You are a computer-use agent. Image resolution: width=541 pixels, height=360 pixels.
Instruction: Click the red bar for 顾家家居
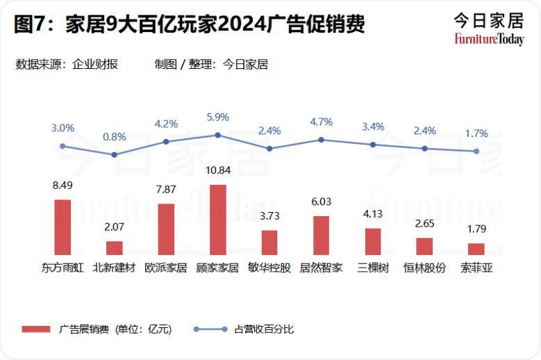(x=218, y=220)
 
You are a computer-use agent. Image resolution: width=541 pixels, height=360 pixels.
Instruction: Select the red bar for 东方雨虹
(x=63, y=227)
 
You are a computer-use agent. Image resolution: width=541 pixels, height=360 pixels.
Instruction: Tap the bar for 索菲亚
(x=476, y=249)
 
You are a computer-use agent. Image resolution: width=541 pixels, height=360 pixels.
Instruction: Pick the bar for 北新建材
(x=115, y=247)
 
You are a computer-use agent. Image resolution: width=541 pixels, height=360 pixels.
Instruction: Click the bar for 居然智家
(x=321, y=235)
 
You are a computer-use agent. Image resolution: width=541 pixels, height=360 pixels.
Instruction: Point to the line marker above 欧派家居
(x=166, y=142)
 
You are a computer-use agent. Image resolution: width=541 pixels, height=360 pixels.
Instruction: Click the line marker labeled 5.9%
(x=218, y=135)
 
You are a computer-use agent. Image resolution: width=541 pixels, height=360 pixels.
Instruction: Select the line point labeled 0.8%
(x=115, y=154)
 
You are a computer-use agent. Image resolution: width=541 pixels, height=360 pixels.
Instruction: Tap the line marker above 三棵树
(x=373, y=145)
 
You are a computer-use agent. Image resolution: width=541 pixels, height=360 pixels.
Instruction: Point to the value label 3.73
(x=269, y=217)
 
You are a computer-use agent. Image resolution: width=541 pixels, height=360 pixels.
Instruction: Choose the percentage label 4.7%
(x=321, y=122)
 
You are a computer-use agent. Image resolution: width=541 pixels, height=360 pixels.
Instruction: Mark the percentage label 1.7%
(x=476, y=133)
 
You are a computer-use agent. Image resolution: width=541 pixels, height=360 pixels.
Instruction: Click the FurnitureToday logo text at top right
(x=490, y=39)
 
